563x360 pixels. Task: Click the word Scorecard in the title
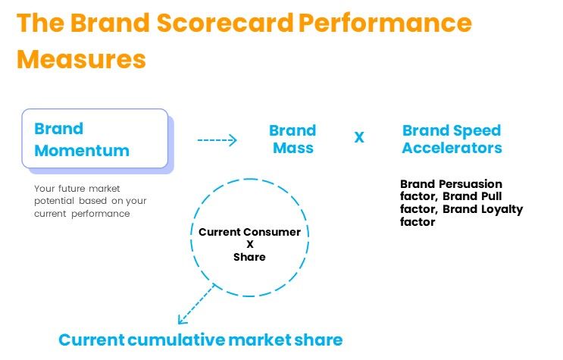(225, 23)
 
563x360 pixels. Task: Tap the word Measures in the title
(82, 59)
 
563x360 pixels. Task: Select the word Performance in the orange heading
(385, 23)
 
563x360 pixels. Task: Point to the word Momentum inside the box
(82, 151)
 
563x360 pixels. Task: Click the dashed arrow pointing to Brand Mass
(217, 140)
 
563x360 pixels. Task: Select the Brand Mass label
(292, 139)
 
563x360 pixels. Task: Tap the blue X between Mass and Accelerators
(359, 137)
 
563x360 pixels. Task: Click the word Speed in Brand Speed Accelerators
(477, 131)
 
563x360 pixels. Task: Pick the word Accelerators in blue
(452, 148)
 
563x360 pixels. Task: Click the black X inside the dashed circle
(250, 244)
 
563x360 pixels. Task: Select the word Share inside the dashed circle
(249, 257)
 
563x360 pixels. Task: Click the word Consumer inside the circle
(276, 232)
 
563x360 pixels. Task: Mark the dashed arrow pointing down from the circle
(196, 304)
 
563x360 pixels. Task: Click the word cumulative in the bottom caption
(177, 340)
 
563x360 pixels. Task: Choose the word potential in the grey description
(55, 201)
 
